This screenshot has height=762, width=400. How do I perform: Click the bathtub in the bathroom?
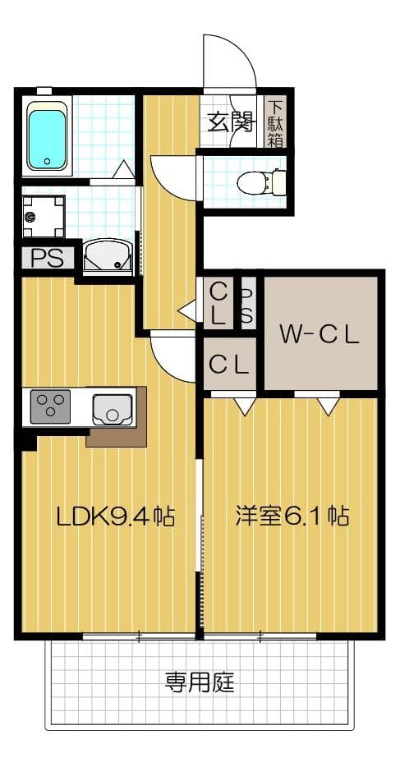[x=48, y=136]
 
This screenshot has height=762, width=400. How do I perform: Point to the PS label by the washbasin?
[x=46, y=258]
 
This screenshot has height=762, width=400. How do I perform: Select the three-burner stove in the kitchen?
[x=50, y=406]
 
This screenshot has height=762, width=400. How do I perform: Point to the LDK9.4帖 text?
[x=114, y=516]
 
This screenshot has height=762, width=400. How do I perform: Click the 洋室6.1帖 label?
[x=292, y=516]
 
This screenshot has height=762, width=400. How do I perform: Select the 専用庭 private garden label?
[x=200, y=682]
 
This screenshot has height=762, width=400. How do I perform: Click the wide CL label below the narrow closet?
[x=228, y=365]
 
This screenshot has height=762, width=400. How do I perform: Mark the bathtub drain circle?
[x=48, y=162]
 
